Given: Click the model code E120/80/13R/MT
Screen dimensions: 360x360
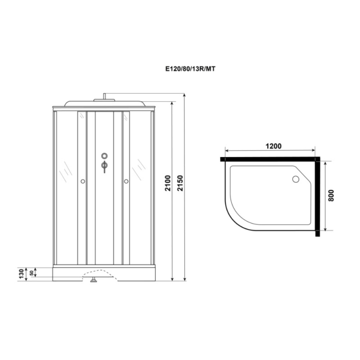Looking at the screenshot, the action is (x=190, y=69).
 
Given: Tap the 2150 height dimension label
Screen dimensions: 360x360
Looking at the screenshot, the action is (x=180, y=183).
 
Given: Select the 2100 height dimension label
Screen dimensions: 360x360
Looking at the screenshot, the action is (x=168, y=183).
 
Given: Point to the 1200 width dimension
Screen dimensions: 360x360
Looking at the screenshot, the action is (x=274, y=146).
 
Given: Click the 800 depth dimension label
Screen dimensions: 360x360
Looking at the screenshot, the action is (x=331, y=195).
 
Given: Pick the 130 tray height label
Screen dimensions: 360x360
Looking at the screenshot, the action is (x=21, y=274).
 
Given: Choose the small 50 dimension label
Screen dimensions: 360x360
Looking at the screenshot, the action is (x=31, y=273).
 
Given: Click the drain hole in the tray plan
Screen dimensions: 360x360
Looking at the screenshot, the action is (x=296, y=179).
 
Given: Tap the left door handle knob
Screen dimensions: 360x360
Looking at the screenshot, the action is (x=83, y=181).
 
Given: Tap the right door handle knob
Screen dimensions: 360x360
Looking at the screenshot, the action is (x=126, y=181).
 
